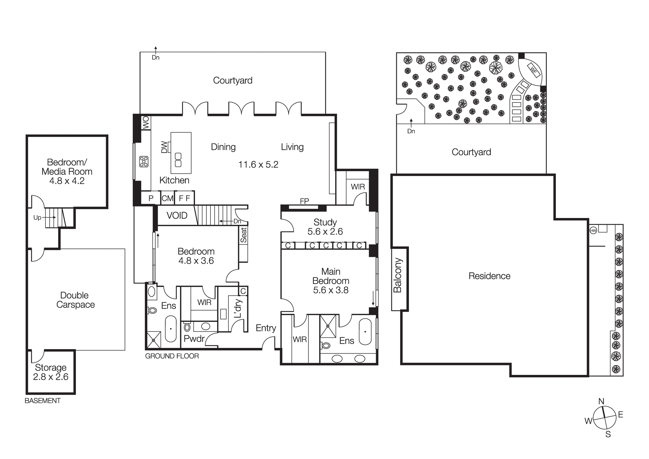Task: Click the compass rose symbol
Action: [x=605, y=418]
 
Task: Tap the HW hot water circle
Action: [x=593, y=231]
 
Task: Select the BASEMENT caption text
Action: [x=43, y=401]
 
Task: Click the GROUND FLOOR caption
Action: [x=172, y=356]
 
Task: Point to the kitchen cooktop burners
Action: [x=144, y=161]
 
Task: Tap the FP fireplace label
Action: [x=304, y=201]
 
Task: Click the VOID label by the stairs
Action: [x=177, y=215]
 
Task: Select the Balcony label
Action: [x=398, y=275]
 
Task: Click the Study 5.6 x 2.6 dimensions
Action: [x=325, y=232]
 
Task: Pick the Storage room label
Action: [x=51, y=367]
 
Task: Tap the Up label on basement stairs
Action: [x=37, y=218]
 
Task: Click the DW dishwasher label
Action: [x=165, y=147]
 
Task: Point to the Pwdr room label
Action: [x=194, y=339]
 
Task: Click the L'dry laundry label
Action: [x=238, y=308]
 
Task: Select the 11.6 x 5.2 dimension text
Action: [x=258, y=165]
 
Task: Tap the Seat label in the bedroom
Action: [x=243, y=235]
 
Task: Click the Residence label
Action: [x=489, y=276]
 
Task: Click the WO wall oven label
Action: [x=146, y=123]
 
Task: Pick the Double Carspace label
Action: [x=75, y=300]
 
